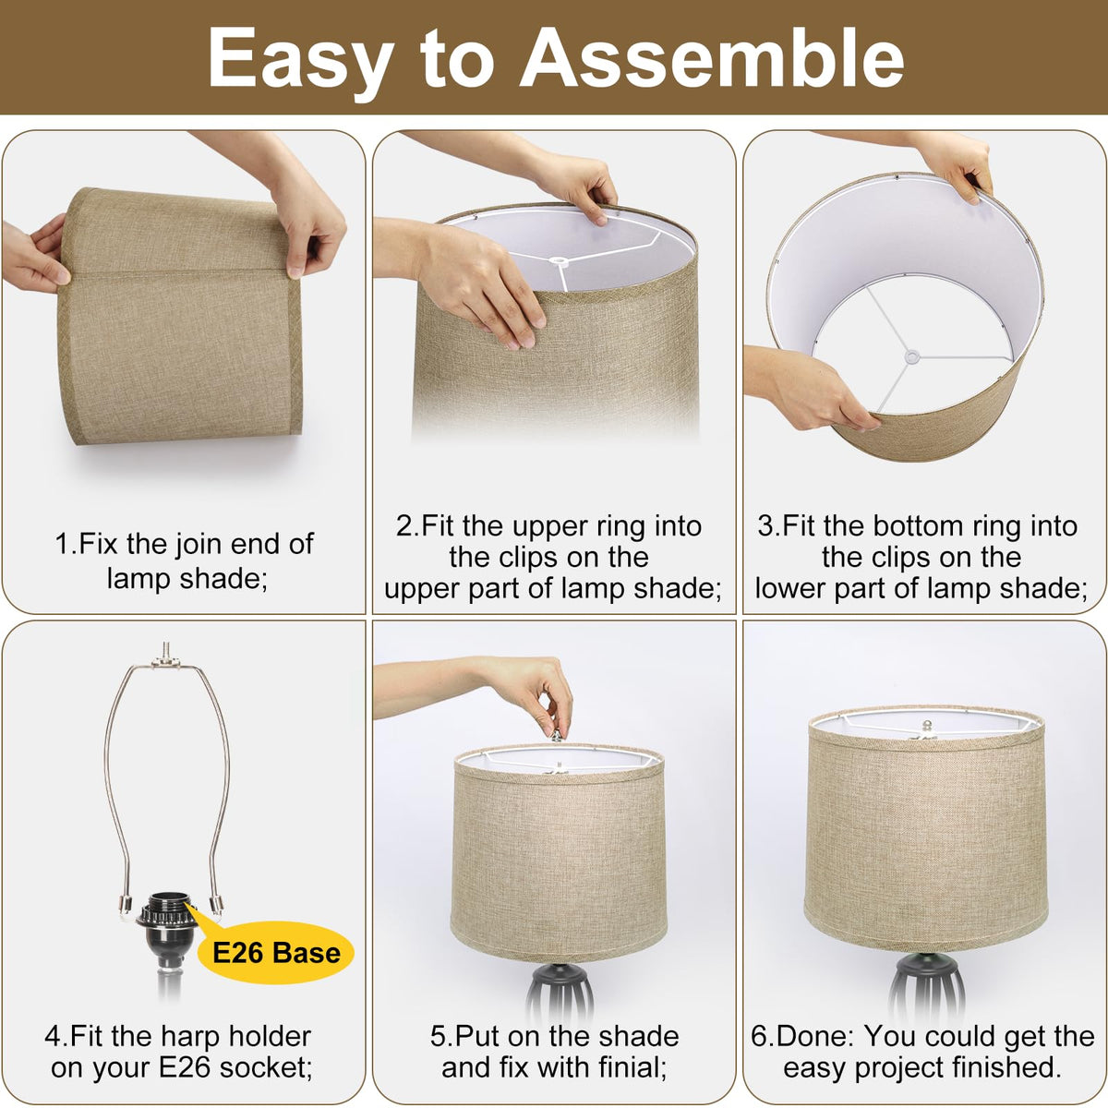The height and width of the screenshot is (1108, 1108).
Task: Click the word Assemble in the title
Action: pyautogui.click(x=712, y=58)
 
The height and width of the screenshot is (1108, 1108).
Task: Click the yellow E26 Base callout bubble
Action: pyautogui.click(x=276, y=952)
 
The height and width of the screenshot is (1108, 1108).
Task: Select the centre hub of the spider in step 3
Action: pyautogui.click(x=910, y=356)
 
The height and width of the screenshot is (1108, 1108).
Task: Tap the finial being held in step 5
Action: pyautogui.click(x=556, y=734)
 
